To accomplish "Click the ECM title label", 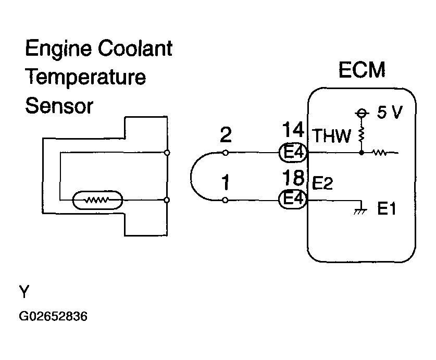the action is coord(362,70).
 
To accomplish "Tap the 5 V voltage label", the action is coord(390,113).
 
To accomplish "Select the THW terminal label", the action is coord(331,136).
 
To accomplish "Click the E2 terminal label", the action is coord(322,183).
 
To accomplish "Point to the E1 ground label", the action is coord(387,208).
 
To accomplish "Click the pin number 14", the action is coord(293,130).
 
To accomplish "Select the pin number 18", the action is coord(293,178).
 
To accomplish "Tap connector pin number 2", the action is coord(226,134).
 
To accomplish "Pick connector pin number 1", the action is coord(226,182).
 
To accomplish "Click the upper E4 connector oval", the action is coord(293,152).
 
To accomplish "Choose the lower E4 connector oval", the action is coord(293,199).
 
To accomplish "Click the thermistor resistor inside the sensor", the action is coord(97,200).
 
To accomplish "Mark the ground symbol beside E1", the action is coord(360,210).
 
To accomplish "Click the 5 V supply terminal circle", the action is coord(362,113).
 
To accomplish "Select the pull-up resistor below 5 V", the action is coord(362,135).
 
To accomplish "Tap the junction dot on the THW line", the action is coord(362,153).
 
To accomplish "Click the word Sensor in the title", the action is coord(59,106).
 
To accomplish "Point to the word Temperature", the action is coord(85,77).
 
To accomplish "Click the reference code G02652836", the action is coord(53,316).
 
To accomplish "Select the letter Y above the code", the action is coord(24,291).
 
